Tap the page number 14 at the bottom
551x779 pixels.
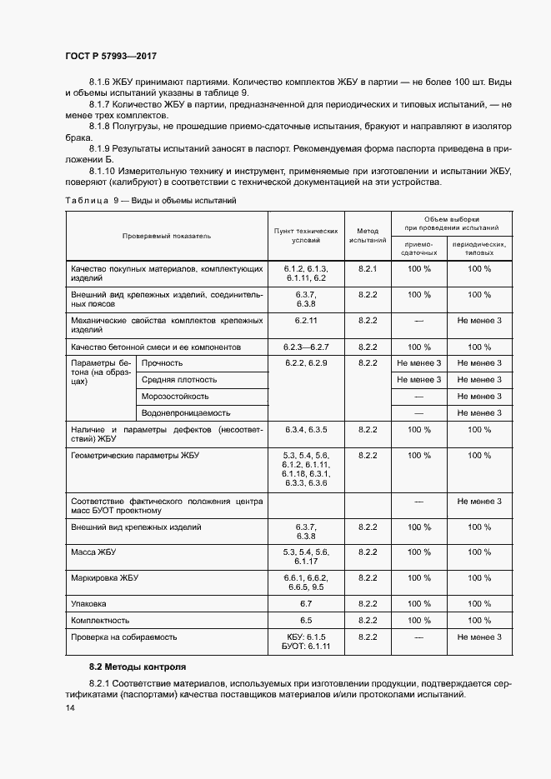click(x=69, y=707)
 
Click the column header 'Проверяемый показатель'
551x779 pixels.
click(x=166, y=236)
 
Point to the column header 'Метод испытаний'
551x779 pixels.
click(x=368, y=235)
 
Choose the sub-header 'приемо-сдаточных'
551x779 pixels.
click(x=418, y=248)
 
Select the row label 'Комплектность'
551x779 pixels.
click(x=100, y=620)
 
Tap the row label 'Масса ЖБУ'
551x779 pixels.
click(x=93, y=552)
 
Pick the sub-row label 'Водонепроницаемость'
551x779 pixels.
click(x=185, y=412)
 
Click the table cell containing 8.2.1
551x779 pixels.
click(x=368, y=269)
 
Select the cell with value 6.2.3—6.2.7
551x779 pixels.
click(x=306, y=347)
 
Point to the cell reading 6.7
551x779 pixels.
click(x=306, y=603)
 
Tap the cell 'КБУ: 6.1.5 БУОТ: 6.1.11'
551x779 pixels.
click(x=306, y=642)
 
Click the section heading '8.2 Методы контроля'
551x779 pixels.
click(x=138, y=667)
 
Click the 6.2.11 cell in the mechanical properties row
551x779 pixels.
click(x=306, y=321)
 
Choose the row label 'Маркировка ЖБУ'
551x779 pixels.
click(x=104, y=577)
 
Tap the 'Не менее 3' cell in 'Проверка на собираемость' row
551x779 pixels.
click(x=479, y=637)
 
